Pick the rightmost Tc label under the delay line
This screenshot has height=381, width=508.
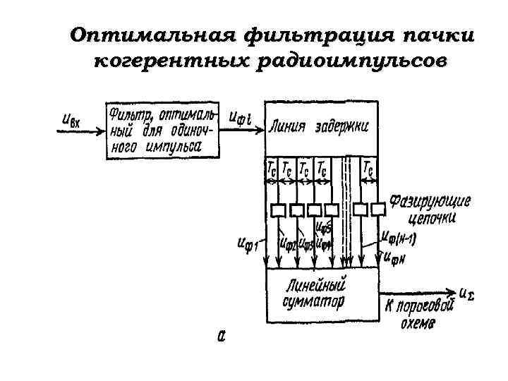pyautogui.click(x=368, y=169)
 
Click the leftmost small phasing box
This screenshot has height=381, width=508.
pyautogui.click(x=277, y=209)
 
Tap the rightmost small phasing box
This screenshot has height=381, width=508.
pyautogui.click(x=378, y=209)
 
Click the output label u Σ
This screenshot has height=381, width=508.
pyautogui.click(x=466, y=291)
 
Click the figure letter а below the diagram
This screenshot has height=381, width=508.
pyautogui.click(x=221, y=337)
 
